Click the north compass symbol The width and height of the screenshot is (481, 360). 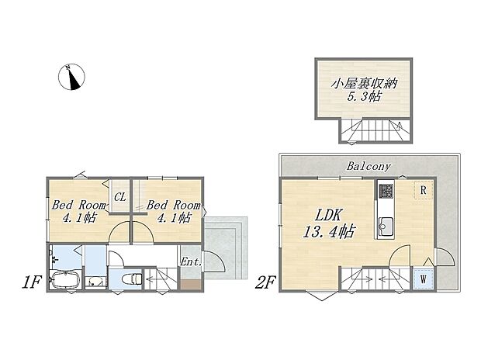point(71,77)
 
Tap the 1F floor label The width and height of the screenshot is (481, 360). point(31,282)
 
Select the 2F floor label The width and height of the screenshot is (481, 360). point(265,282)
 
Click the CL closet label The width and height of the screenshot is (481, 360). point(120,197)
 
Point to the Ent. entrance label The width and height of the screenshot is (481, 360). point(191,261)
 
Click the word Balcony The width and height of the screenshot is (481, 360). point(369,166)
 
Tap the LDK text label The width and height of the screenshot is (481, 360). point(328,216)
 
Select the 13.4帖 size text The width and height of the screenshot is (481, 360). point(329,231)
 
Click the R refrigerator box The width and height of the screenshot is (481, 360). point(424,190)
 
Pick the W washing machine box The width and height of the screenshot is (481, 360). point(424,279)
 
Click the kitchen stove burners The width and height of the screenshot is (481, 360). point(386,191)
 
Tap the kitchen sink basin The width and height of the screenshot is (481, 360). point(386,227)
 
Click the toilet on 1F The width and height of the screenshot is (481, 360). point(132,279)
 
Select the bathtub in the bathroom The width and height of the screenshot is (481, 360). point(65,280)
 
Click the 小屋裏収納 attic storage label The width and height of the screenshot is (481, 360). point(364,84)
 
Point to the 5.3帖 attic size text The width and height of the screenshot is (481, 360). point(364,97)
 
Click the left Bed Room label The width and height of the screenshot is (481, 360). point(79,205)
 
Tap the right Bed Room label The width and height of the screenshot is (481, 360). point(174,205)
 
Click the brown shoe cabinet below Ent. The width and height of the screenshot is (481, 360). point(191,285)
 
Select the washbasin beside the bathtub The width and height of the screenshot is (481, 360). point(95,282)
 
